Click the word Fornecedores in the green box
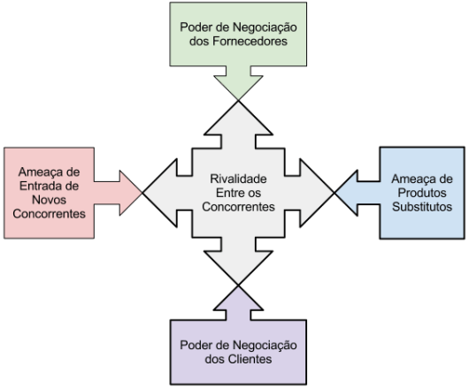(250, 42)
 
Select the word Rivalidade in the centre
(238, 179)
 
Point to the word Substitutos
(422, 207)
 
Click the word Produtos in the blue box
(422, 193)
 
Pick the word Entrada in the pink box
(41, 186)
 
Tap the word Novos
(49, 200)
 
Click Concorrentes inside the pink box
(49, 214)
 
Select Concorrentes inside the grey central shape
(238, 207)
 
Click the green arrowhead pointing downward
(238, 85)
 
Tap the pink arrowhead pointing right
(129, 193)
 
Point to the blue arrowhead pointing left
(348, 193)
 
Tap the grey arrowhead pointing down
(238, 265)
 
